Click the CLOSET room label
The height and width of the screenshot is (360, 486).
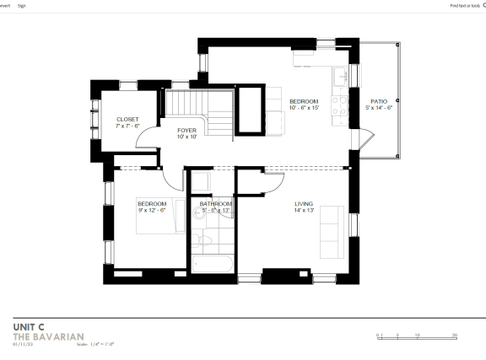point(127,120)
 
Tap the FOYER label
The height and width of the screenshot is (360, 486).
point(186,130)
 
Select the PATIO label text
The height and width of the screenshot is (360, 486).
point(379,101)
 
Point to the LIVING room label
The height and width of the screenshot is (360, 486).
point(304,203)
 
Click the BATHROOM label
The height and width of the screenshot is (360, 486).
point(216,203)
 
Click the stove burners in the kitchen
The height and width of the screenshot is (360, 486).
point(341,105)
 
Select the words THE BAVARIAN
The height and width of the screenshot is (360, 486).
point(48,336)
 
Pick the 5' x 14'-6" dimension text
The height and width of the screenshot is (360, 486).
point(379,108)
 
